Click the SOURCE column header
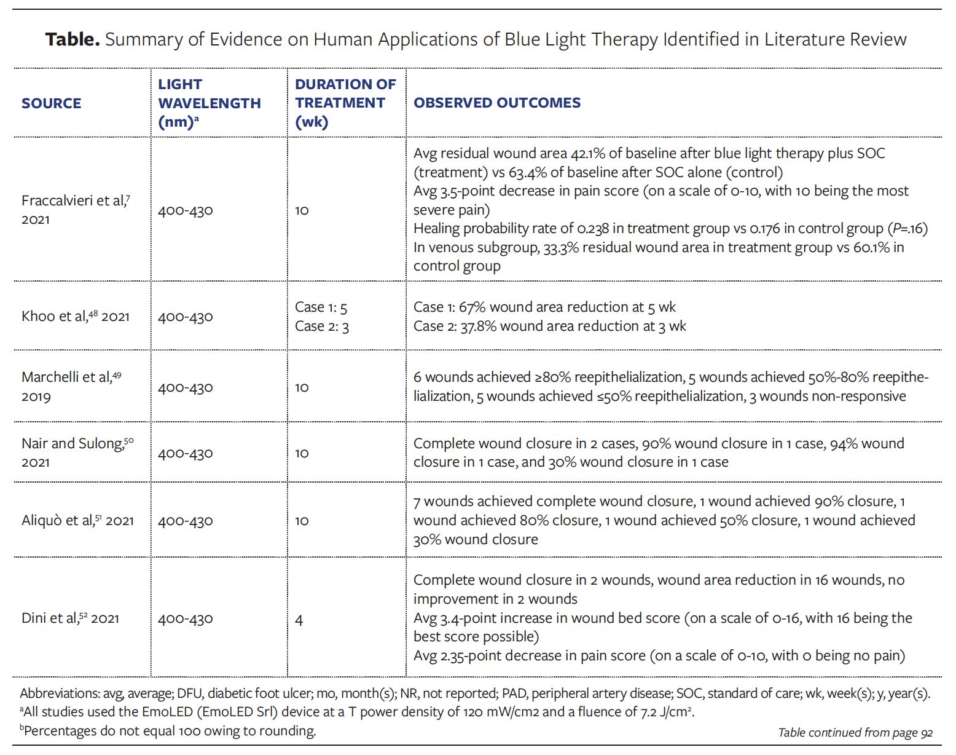51,103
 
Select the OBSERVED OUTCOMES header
496,103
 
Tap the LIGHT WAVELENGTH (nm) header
209,103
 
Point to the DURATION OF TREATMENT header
345,103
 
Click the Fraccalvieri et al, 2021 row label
76,210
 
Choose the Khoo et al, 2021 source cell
76,317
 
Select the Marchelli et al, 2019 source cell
71,386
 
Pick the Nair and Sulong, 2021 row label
77,453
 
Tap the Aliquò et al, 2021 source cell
77,521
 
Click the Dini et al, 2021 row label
70,619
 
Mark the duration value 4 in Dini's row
299,620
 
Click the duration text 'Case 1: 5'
321,307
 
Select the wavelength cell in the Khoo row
186,317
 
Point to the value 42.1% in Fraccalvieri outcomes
589,154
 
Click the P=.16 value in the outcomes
907,229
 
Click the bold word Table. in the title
72,39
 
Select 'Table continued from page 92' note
855,732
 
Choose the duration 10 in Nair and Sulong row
302,454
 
